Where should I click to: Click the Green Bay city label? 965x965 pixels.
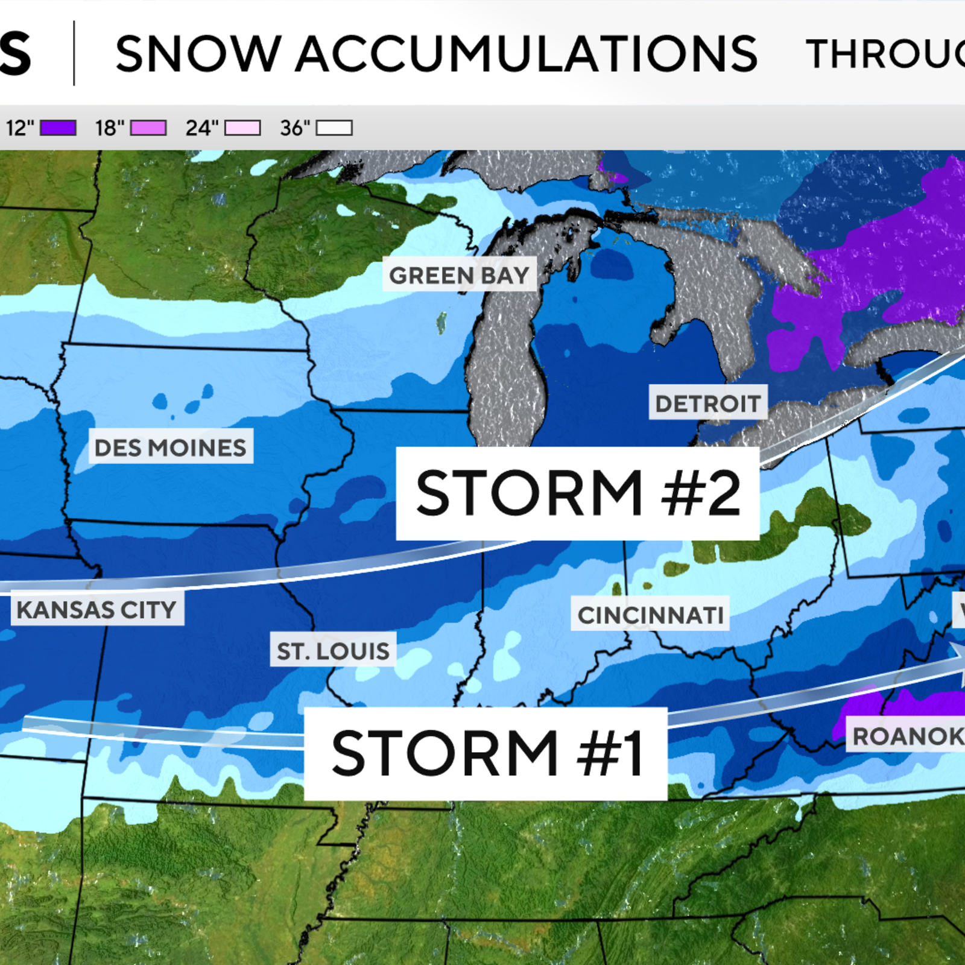coord(459,276)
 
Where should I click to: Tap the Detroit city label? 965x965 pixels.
coord(707,403)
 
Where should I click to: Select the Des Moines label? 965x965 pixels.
coord(171,447)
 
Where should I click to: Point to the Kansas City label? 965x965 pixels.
coord(97,609)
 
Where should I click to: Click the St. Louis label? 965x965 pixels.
coord(333,650)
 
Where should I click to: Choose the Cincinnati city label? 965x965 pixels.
coord(650,615)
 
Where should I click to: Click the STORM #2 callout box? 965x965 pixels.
coord(577,493)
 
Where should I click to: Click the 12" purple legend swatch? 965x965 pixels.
coord(58,128)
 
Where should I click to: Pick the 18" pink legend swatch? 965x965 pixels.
coord(148,128)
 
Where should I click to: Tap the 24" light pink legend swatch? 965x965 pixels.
coord(242,128)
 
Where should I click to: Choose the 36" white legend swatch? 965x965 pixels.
coord(334,128)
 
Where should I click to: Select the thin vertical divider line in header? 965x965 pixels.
coord(74,53)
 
